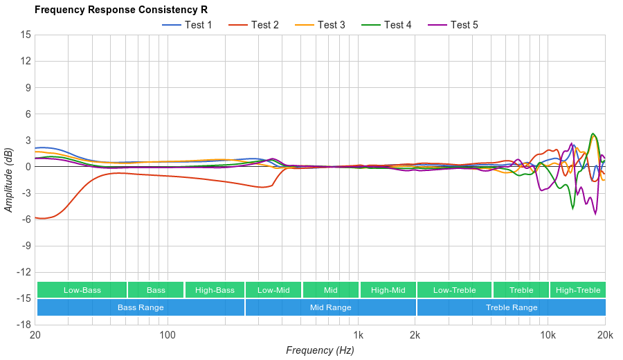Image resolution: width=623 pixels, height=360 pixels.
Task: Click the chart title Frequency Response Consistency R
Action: pos(120,10)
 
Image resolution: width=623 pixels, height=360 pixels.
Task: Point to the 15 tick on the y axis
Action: pos(26,35)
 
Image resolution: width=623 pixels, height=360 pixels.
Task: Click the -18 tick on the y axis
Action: pos(24,325)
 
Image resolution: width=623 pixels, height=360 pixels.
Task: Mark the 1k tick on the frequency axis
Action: pos(358,335)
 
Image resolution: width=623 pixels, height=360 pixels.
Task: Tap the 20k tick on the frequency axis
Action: pos(604,335)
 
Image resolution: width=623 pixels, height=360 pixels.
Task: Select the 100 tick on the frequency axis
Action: pos(168,335)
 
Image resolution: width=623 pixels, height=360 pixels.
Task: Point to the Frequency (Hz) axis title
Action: pos(320,350)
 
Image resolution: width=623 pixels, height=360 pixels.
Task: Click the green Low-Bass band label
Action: pos(82,290)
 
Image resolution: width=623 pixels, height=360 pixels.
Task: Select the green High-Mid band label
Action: pos(388,290)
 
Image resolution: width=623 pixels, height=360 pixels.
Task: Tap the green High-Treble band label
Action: pos(578,290)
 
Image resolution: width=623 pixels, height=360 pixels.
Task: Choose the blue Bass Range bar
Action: pos(141,307)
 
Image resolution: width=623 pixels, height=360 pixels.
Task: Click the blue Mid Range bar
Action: pos(330,307)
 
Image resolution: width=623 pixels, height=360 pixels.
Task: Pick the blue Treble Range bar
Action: pos(512,307)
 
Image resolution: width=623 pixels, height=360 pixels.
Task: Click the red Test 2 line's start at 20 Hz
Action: pos(35,217)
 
